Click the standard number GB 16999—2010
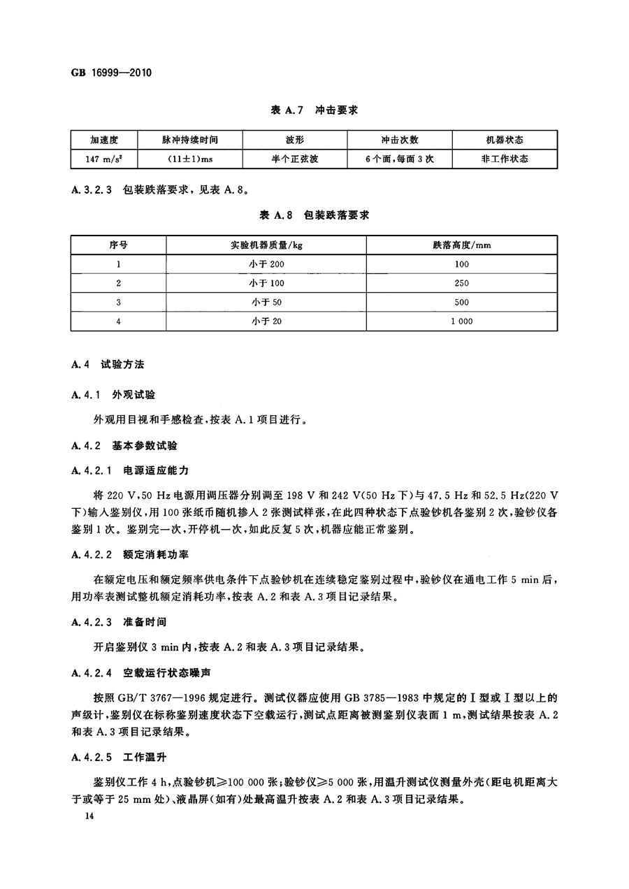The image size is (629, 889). (112, 73)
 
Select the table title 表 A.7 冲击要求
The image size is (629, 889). (314, 110)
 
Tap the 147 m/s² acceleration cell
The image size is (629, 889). (104, 159)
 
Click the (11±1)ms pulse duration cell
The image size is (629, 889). (190, 159)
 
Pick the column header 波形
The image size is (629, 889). (295, 139)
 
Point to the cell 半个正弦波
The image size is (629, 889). (295, 159)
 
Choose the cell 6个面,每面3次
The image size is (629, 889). (399, 159)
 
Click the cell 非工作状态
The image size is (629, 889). (505, 159)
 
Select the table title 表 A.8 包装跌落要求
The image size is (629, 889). (314, 215)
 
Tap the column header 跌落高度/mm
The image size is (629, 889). (462, 245)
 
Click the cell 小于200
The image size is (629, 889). (267, 264)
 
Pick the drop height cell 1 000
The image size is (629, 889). (462, 321)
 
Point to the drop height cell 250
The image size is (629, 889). (462, 283)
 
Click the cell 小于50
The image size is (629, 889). (267, 302)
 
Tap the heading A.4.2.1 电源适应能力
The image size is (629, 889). (130, 470)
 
